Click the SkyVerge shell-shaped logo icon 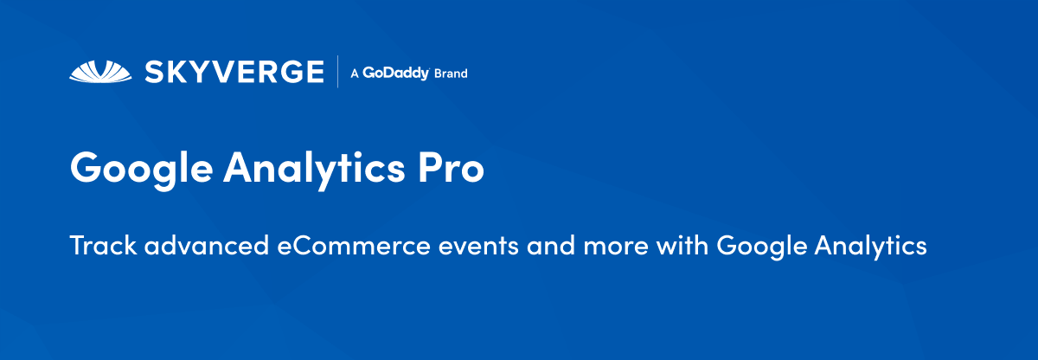(x=101, y=71)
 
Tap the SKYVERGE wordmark (x=234, y=72)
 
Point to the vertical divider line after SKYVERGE (x=338, y=72)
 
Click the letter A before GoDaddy (x=354, y=74)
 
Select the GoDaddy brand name (x=396, y=74)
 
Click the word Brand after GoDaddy (x=451, y=74)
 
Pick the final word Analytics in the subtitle (x=871, y=247)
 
